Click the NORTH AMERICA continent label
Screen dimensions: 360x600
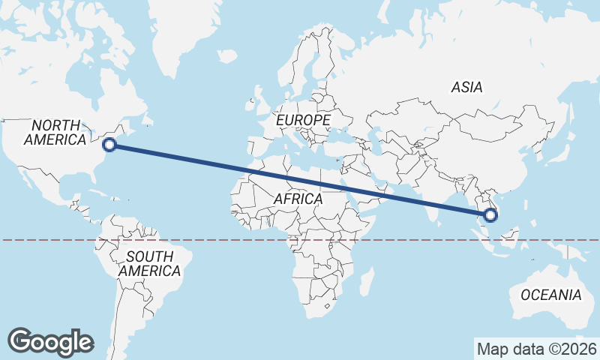point(55,132)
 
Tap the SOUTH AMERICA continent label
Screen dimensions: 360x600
point(149,263)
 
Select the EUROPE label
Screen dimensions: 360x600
point(303,120)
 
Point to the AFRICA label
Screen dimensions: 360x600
point(298,199)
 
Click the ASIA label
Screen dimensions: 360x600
point(466,88)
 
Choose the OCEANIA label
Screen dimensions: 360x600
point(550,294)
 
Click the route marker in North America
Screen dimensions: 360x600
point(109,145)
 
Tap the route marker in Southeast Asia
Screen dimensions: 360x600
point(490,216)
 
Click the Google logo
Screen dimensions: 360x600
point(50,341)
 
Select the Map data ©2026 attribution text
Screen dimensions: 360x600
point(536,349)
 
